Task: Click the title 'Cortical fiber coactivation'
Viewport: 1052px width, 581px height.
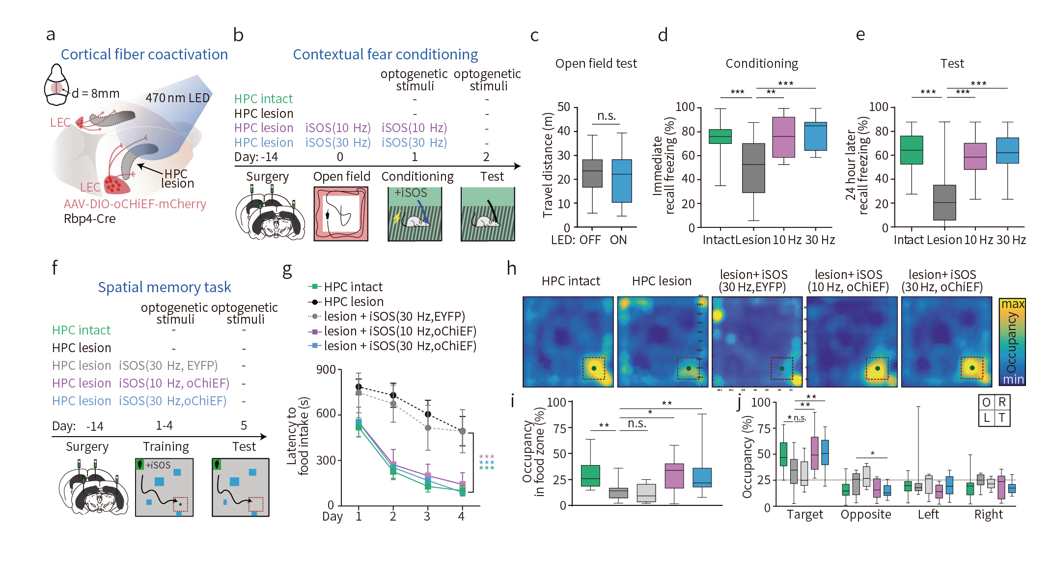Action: [x=144, y=55]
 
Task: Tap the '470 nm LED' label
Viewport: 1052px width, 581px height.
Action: [x=177, y=98]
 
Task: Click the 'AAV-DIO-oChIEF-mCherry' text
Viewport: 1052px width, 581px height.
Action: [x=135, y=204]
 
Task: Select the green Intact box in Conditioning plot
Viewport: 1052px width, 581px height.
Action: [x=720, y=137]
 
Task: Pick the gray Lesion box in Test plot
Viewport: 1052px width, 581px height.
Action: [x=944, y=202]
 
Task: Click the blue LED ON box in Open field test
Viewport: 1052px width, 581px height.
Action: [x=621, y=181]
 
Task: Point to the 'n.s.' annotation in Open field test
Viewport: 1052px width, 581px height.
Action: [x=606, y=116]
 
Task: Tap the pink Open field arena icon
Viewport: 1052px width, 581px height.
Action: [x=341, y=214]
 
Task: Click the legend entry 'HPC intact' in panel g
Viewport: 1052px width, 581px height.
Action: [x=353, y=287]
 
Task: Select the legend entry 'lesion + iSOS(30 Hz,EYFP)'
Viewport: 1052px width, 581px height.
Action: [x=394, y=316]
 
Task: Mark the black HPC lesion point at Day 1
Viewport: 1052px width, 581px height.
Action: [x=359, y=387]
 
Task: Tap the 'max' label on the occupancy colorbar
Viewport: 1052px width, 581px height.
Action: [x=1012, y=304]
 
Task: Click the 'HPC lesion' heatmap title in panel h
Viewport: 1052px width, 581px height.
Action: [x=661, y=281]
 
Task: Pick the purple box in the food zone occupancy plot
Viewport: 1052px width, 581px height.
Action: [x=674, y=475]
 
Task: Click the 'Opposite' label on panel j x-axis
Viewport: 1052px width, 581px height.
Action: [x=865, y=515]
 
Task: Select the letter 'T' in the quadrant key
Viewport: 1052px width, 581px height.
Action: [x=1001, y=418]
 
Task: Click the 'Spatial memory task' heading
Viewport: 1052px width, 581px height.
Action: [x=164, y=287]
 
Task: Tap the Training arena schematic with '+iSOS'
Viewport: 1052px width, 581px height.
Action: [x=164, y=487]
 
